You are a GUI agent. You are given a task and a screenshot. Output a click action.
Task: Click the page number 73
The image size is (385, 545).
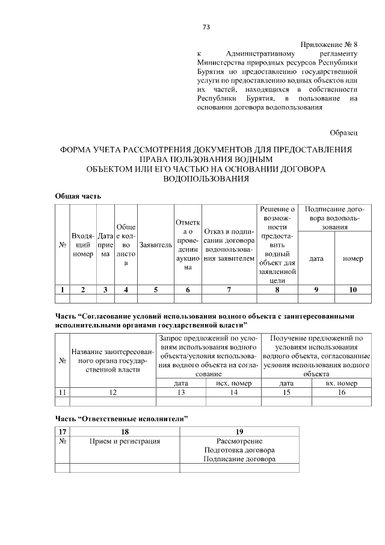[206, 27]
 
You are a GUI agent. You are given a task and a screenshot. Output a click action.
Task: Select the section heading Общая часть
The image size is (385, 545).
[78, 196]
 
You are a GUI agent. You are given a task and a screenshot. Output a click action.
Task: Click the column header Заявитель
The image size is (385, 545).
[155, 246]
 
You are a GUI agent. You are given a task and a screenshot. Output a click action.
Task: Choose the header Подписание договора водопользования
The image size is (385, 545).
[334, 218]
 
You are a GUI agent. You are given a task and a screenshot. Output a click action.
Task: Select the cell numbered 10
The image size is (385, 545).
[353, 290]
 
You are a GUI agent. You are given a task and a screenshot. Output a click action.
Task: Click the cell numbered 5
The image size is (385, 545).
[155, 290]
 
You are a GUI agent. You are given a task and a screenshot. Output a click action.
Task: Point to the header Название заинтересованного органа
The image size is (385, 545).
[113, 360]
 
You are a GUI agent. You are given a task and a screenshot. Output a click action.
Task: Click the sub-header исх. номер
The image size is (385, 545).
[233, 382]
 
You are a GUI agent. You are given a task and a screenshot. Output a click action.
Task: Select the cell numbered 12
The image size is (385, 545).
[113, 392]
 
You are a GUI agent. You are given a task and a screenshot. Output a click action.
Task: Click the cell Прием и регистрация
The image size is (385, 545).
[124, 441]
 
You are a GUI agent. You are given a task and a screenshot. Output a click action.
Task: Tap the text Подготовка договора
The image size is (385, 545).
[239, 450]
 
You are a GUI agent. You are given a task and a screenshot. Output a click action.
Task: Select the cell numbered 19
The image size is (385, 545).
[239, 431]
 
